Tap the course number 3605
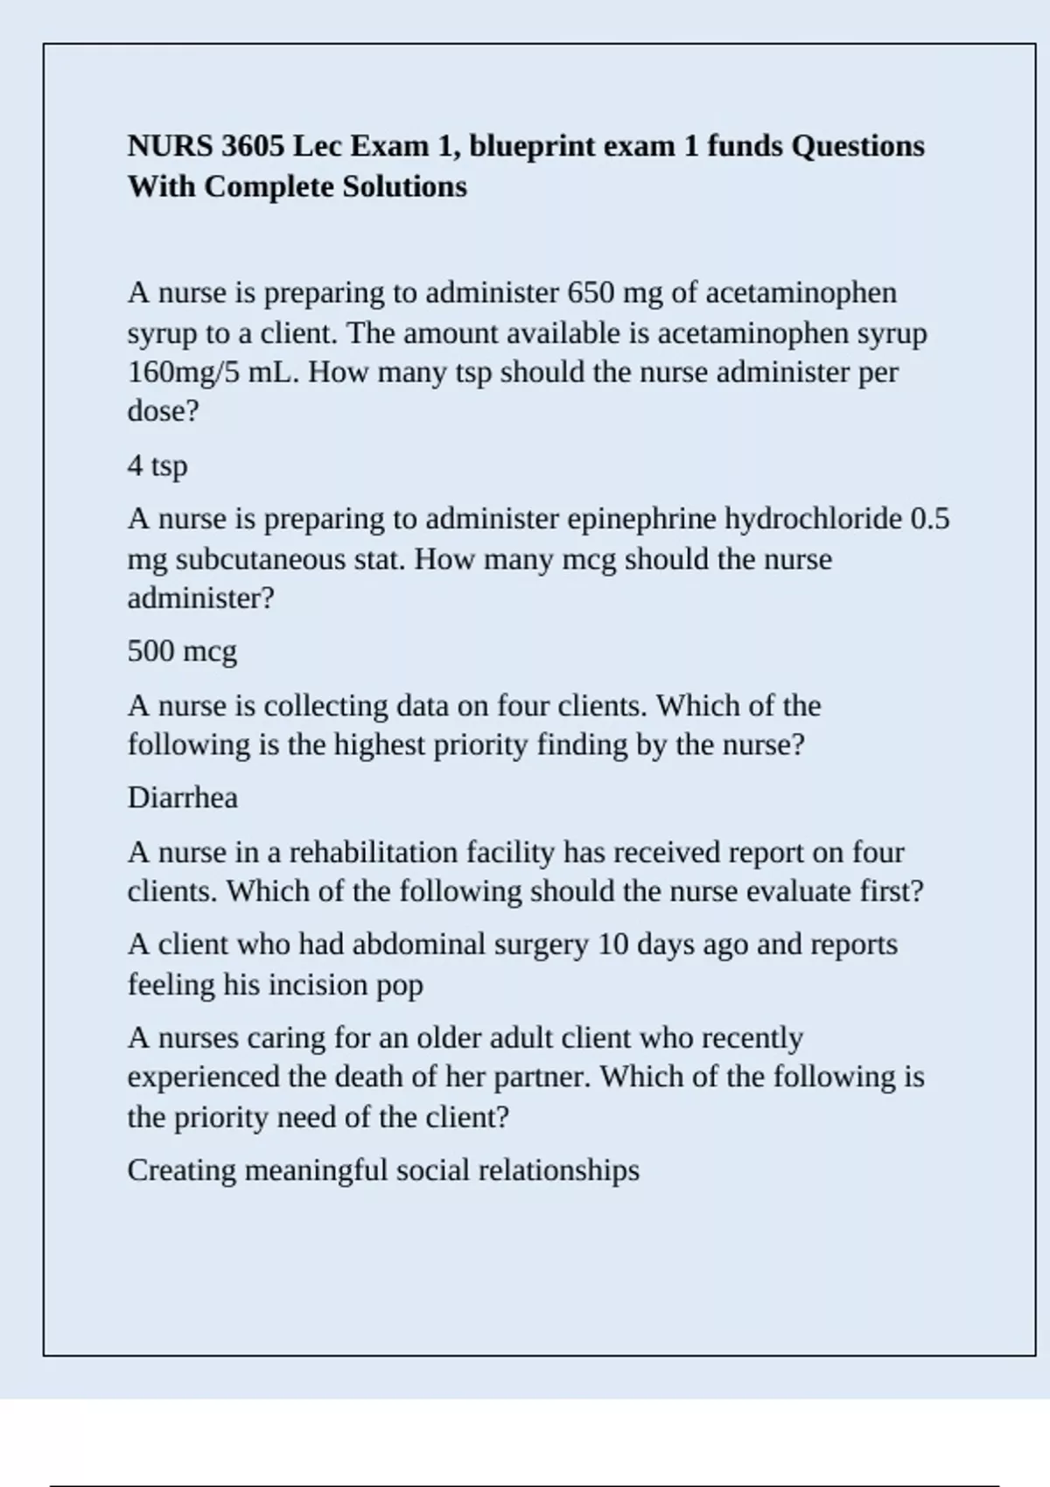click(x=253, y=146)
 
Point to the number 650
click(x=591, y=292)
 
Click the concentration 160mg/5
click(x=183, y=373)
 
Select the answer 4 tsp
click(x=157, y=465)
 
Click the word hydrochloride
click(x=813, y=519)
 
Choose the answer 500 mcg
click(x=182, y=652)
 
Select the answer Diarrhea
click(x=182, y=798)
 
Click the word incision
click(x=318, y=985)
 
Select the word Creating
click(x=182, y=1170)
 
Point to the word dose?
click(x=164, y=411)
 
